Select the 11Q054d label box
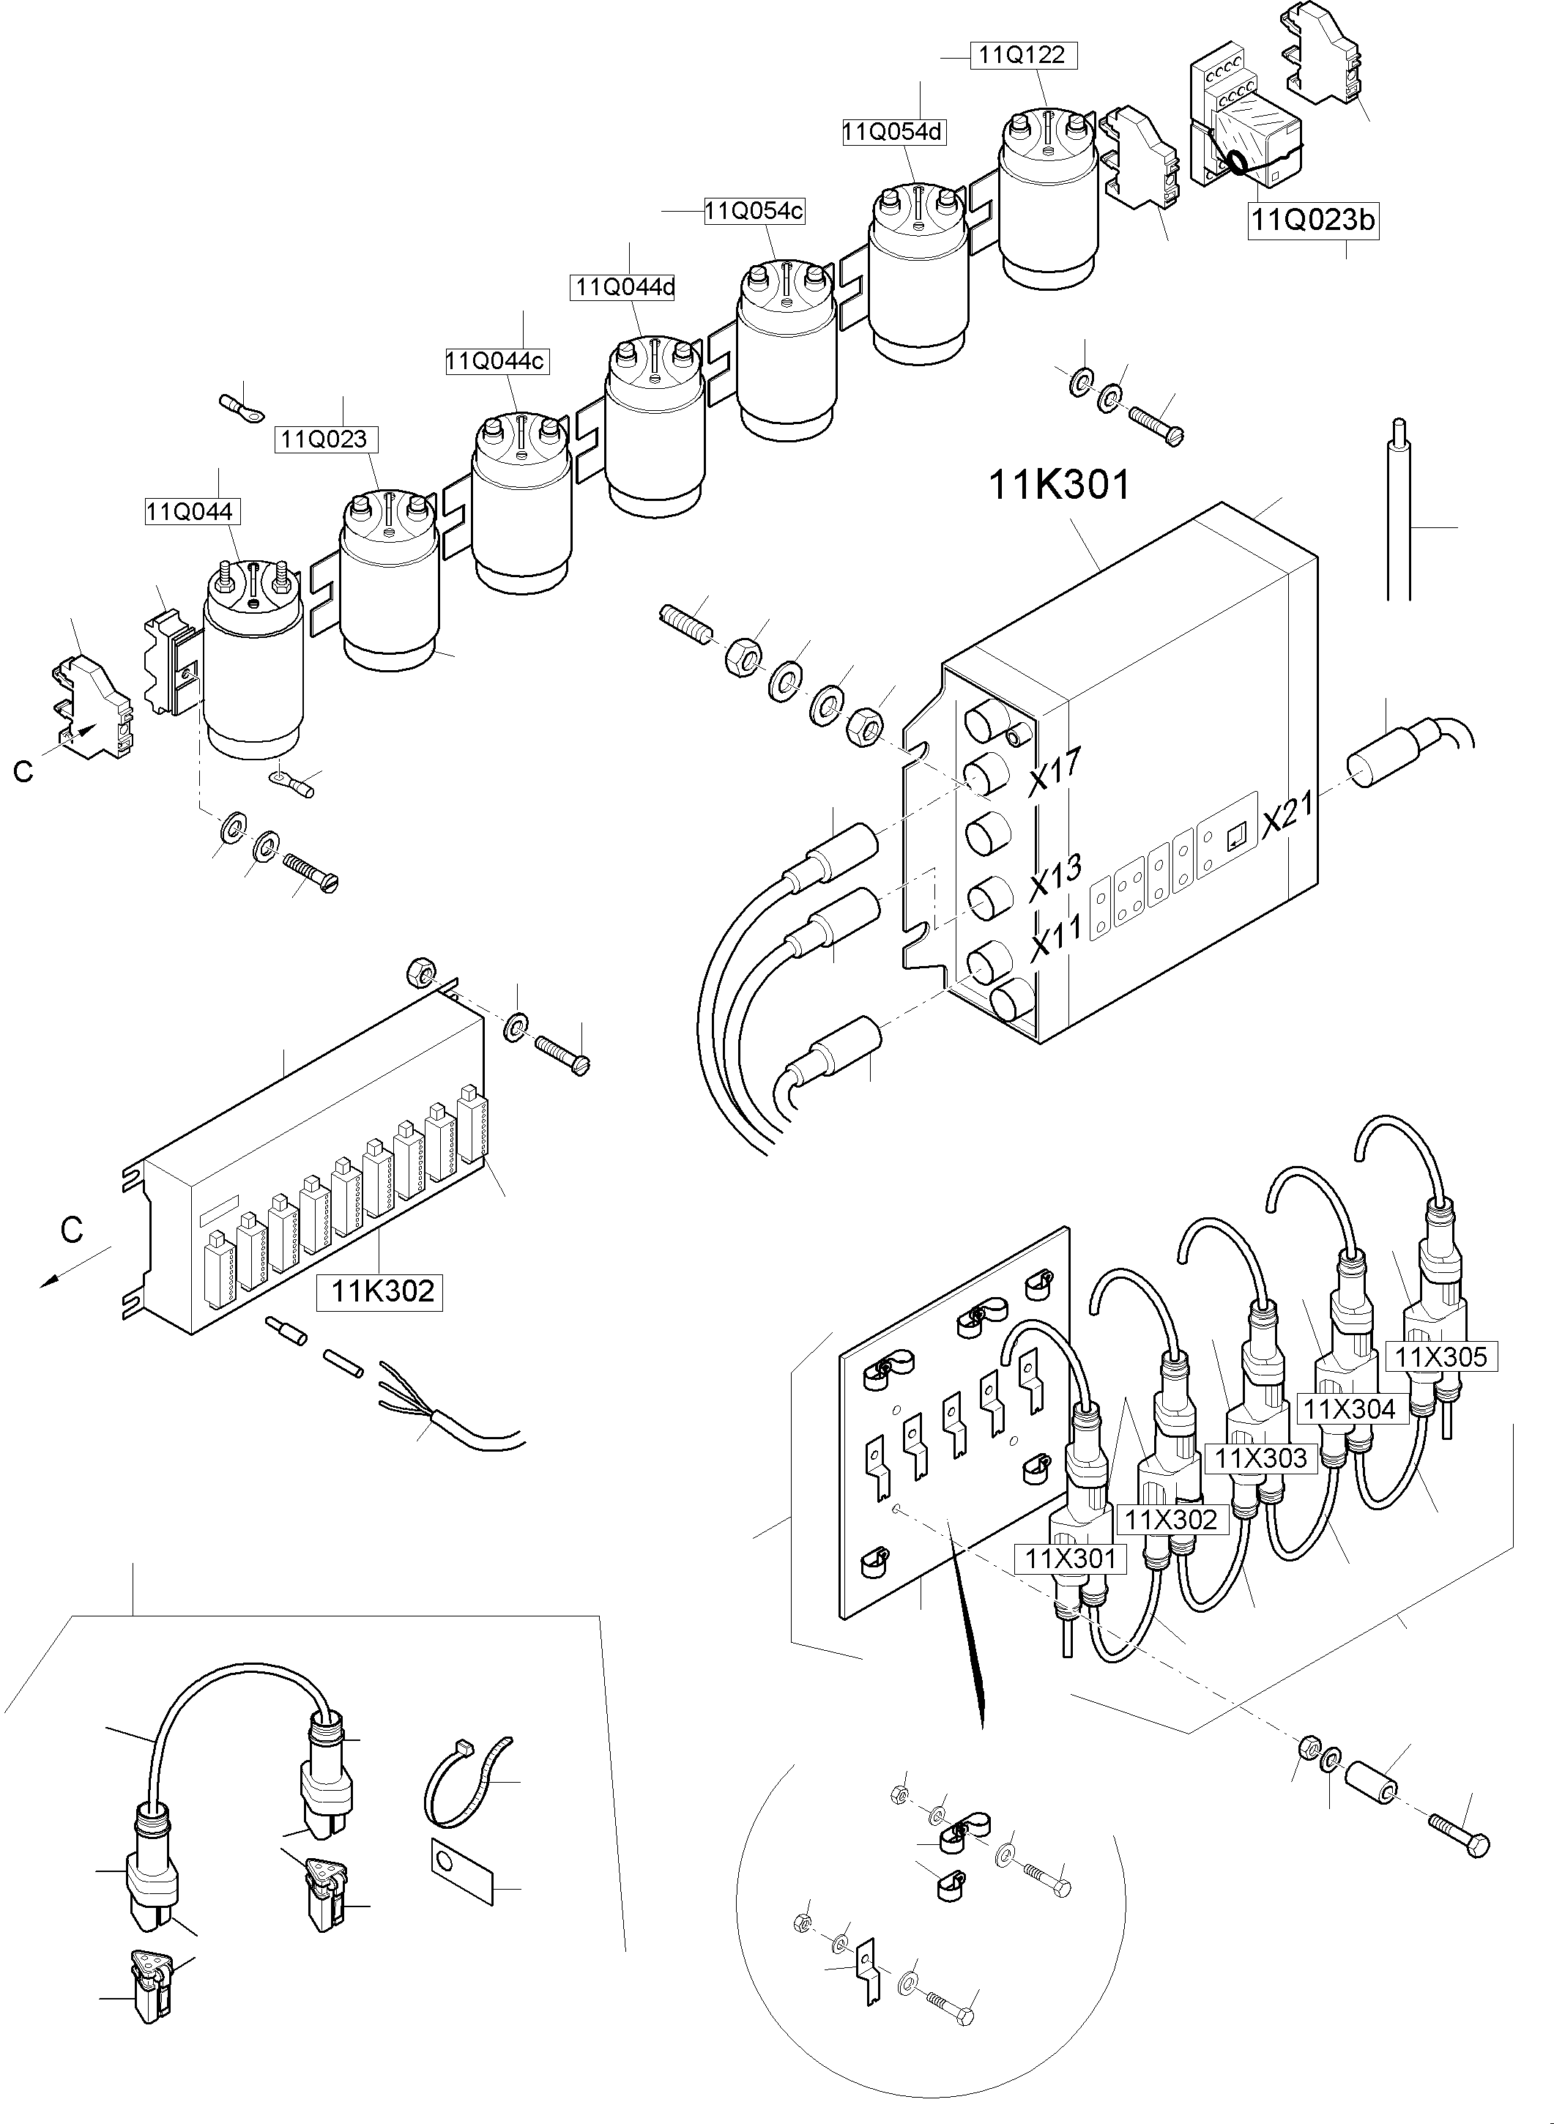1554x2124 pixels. point(893,132)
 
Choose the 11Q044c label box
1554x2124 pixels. point(495,361)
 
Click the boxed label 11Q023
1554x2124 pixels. point(324,438)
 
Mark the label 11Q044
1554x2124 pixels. point(190,512)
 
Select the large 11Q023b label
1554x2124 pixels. point(1312,221)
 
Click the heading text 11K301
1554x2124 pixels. point(1059,486)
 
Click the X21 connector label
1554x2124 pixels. point(1287,814)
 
